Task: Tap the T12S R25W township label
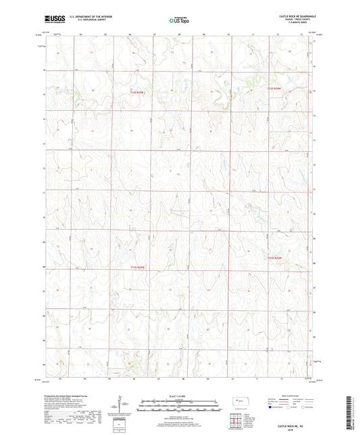137,92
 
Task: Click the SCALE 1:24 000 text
180,396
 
